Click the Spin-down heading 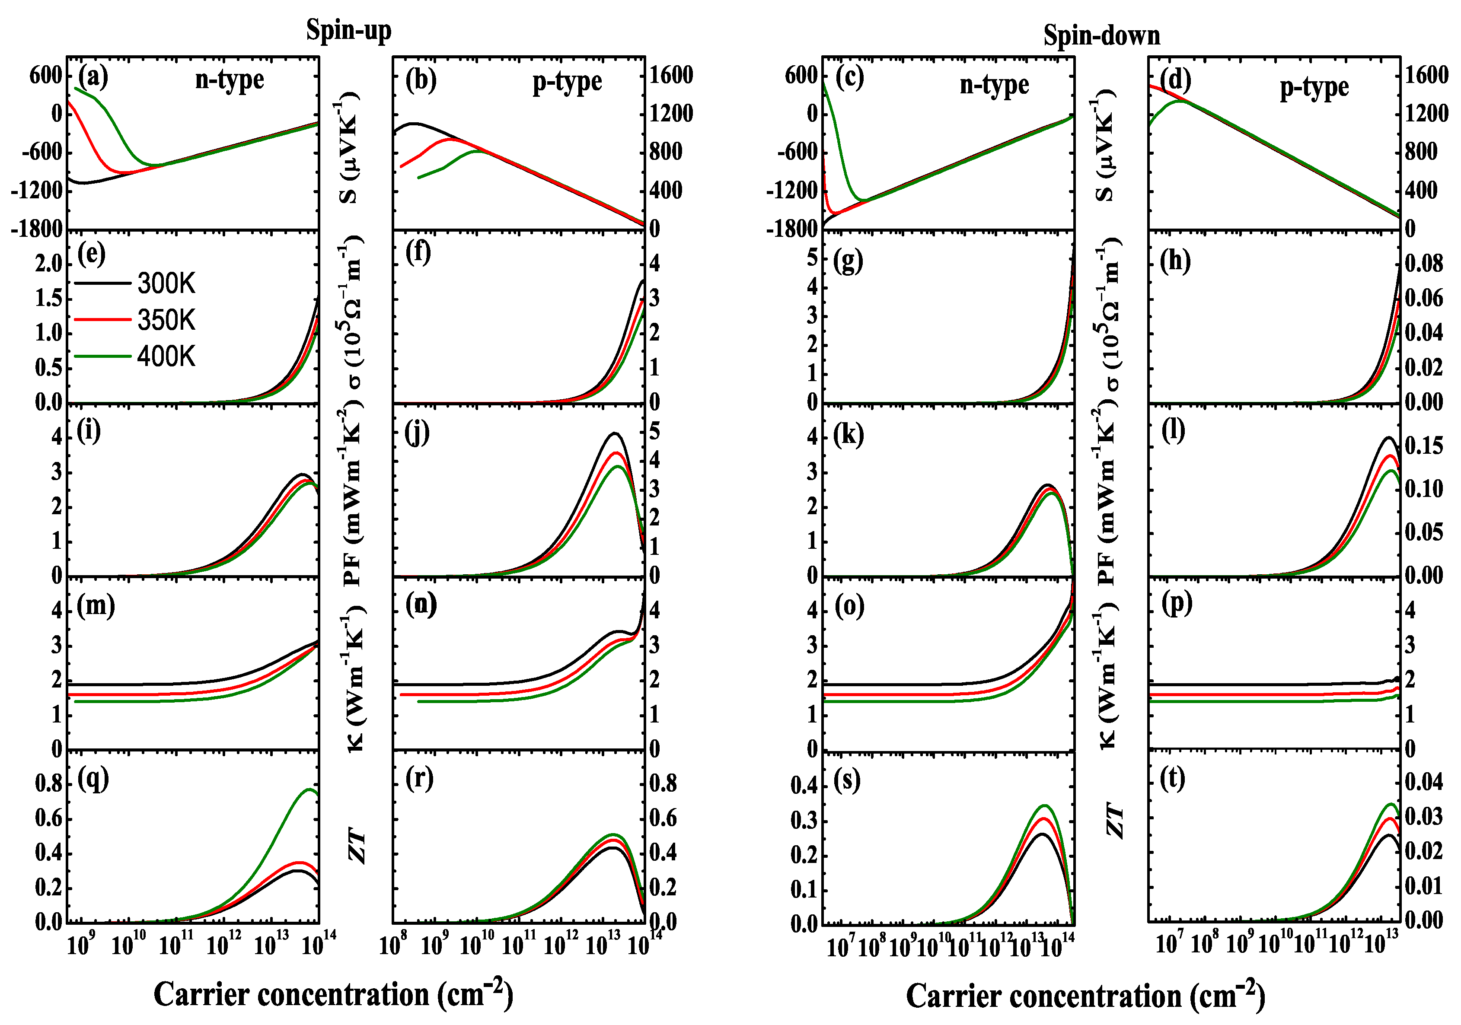(x=1101, y=35)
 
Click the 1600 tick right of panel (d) (x=1426, y=75)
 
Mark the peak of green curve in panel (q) (x=309, y=789)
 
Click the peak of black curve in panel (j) (x=615, y=433)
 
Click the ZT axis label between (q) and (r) (x=357, y=846)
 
